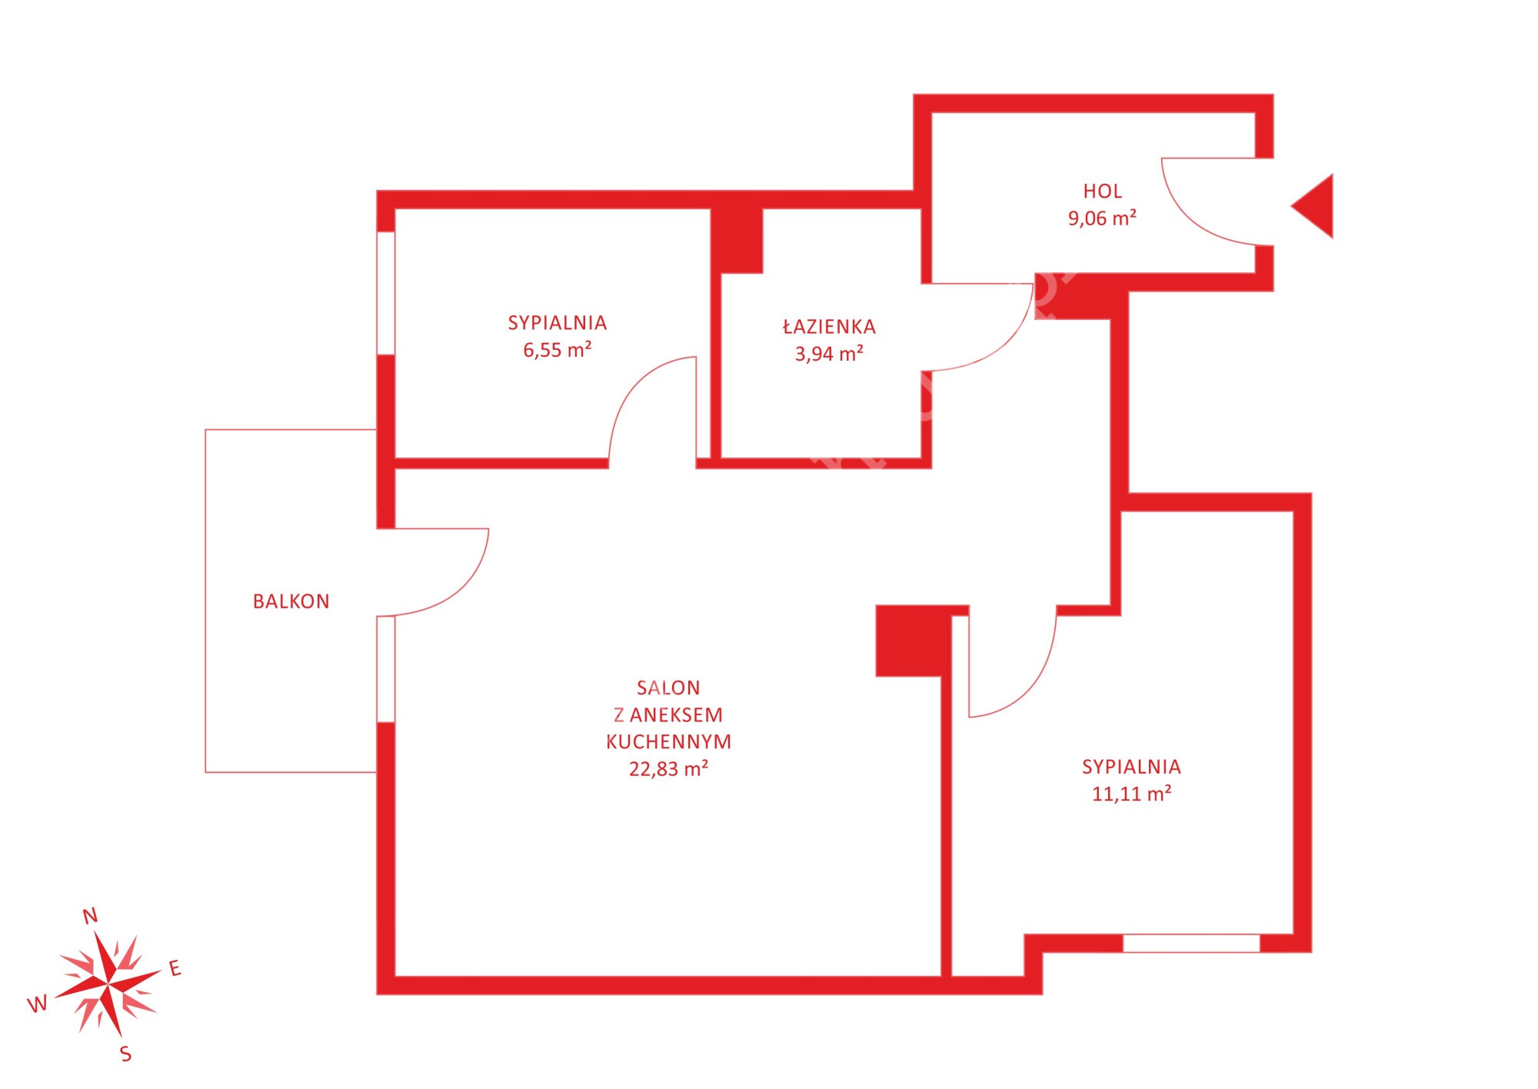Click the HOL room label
click(1102, 191)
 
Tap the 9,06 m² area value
click(1102, 218)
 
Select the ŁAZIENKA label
click(829, 326)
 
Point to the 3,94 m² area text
click(829, 354)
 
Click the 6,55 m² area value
click(558, 350)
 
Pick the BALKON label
click(291, 601)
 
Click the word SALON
click(668, 688)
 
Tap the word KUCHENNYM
click(668, 742)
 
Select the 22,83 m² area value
click(668, 769)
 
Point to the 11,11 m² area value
click(1131, 794)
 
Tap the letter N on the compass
click(90, 916)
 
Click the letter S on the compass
click(126, 1054)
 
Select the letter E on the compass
click(175, 968)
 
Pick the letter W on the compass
click(37, 1004)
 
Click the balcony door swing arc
click(461, 590)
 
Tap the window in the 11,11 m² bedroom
click(1191, 943)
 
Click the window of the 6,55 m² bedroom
click(386, 293)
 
